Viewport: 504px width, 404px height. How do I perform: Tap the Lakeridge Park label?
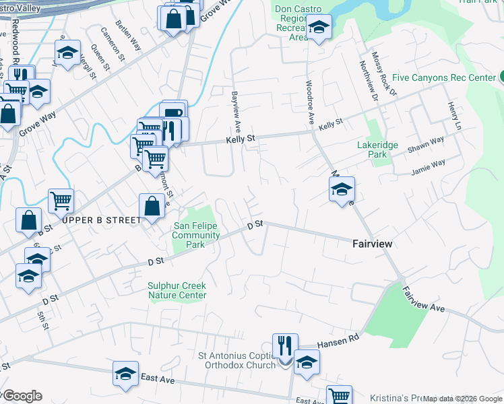[377, 149]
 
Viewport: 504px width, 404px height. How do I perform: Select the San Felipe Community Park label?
[196, 235]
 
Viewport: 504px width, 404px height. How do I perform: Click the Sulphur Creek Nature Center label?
[177, 290]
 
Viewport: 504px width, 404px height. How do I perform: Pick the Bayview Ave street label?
[237, 111]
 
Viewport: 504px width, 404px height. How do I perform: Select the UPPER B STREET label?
[102, 220]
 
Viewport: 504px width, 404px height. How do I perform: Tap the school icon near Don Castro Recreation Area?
[319, 28]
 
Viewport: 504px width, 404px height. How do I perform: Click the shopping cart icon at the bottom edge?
[339, 396]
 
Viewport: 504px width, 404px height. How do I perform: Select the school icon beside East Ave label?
[125, 374]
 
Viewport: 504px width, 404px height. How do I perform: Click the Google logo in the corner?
[22, 396]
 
